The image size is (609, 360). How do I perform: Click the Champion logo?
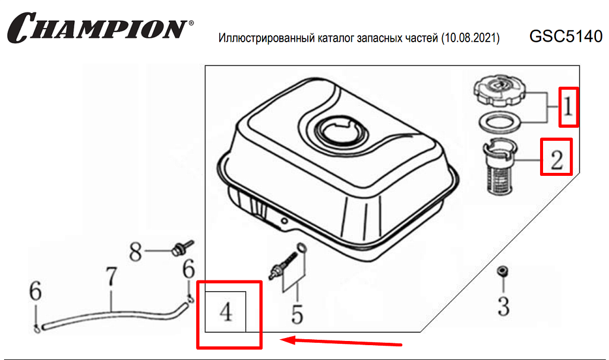[x=100, y=27]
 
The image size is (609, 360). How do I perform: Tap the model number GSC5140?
[x=566, y=36]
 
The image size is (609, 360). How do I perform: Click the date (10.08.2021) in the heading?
[x=471, y=38]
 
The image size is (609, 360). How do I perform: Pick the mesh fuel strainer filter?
[x=500, y=166]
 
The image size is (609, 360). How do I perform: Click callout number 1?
[x=568, y=107]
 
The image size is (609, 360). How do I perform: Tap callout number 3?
[x=504, y=306]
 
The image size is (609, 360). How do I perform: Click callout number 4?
[x=226, y=312]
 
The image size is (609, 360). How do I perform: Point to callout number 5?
[x=297, y=314]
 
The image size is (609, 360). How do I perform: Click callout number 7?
[x=112, y=276]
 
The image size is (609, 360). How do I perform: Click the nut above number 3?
[x=503, y=271]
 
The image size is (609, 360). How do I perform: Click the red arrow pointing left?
[x=341, y=342]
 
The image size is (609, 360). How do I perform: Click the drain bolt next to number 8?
[x=182, y=248]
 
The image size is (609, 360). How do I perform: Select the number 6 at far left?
[x=35, y=291]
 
